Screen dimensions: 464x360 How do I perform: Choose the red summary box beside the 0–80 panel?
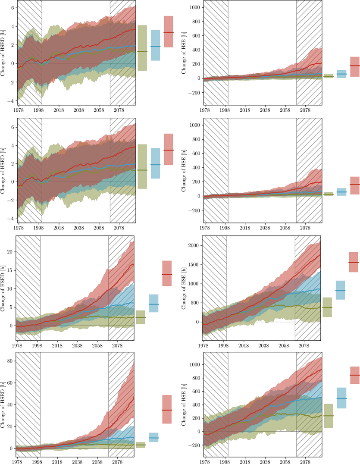click(x=167, y=409)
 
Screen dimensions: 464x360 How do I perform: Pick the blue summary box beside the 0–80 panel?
click(x=153, y=437)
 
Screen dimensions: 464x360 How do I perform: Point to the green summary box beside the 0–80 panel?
click(x=141, y=445)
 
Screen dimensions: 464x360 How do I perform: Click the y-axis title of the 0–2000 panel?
click(x=185, y=288)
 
